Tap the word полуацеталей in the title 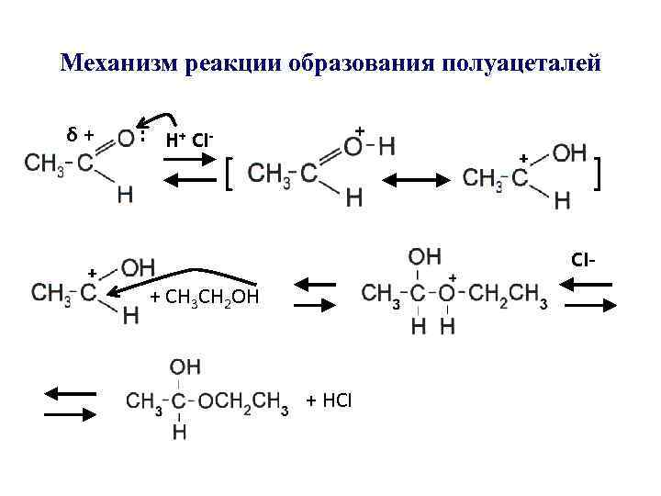pyautogui.click(x=521, y=63)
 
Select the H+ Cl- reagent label pyautogui.click(x=189, y=140)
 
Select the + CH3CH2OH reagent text pyautogui.click(x=205, y=297)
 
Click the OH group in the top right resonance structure pyautogui.click(x=569, y=153)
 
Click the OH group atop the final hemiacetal pyautogui.click(x=185, y=366)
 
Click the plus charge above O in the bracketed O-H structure pyautogui.click(x=360, y=131)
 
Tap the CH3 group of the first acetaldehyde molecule pyautogui.click(x=44, y=163)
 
